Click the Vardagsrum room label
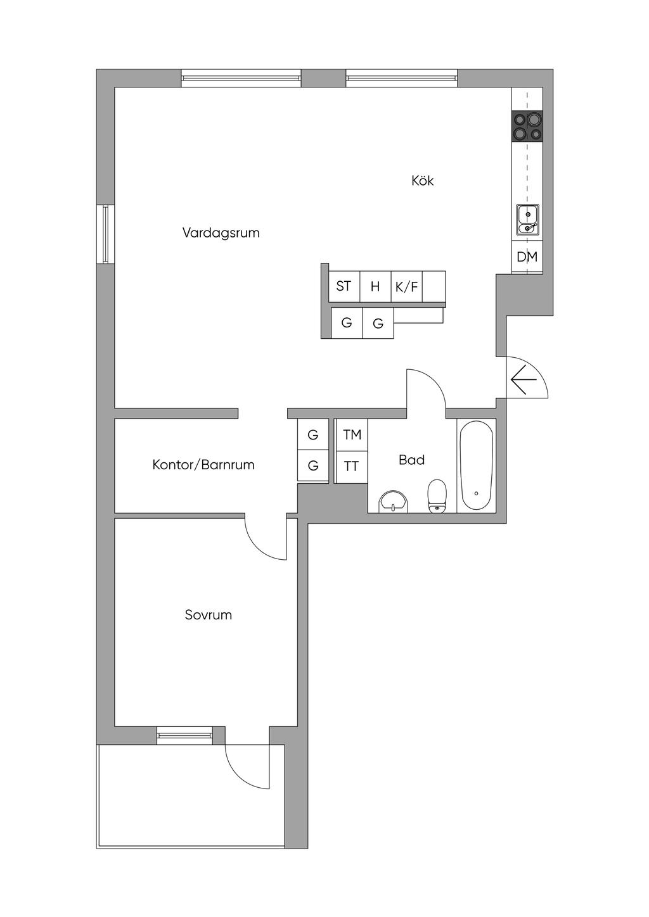(221, 233)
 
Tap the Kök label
(423, 180)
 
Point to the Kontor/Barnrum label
(203, 465)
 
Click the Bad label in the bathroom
(411, 460)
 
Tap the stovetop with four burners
(527, 125)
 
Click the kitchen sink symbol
(527, 220)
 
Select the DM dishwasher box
(527, 256)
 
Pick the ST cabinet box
(344, 286)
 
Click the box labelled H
(375, 286)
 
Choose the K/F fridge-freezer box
(407, 286)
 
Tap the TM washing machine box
(352, 435)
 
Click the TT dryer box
(352, 467)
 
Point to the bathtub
(476, 465)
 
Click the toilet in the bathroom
(437, 496)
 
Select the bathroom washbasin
(394, 502)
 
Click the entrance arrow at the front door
(524, 379)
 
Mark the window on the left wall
(105, 234)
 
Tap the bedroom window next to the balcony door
(185, 735)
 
